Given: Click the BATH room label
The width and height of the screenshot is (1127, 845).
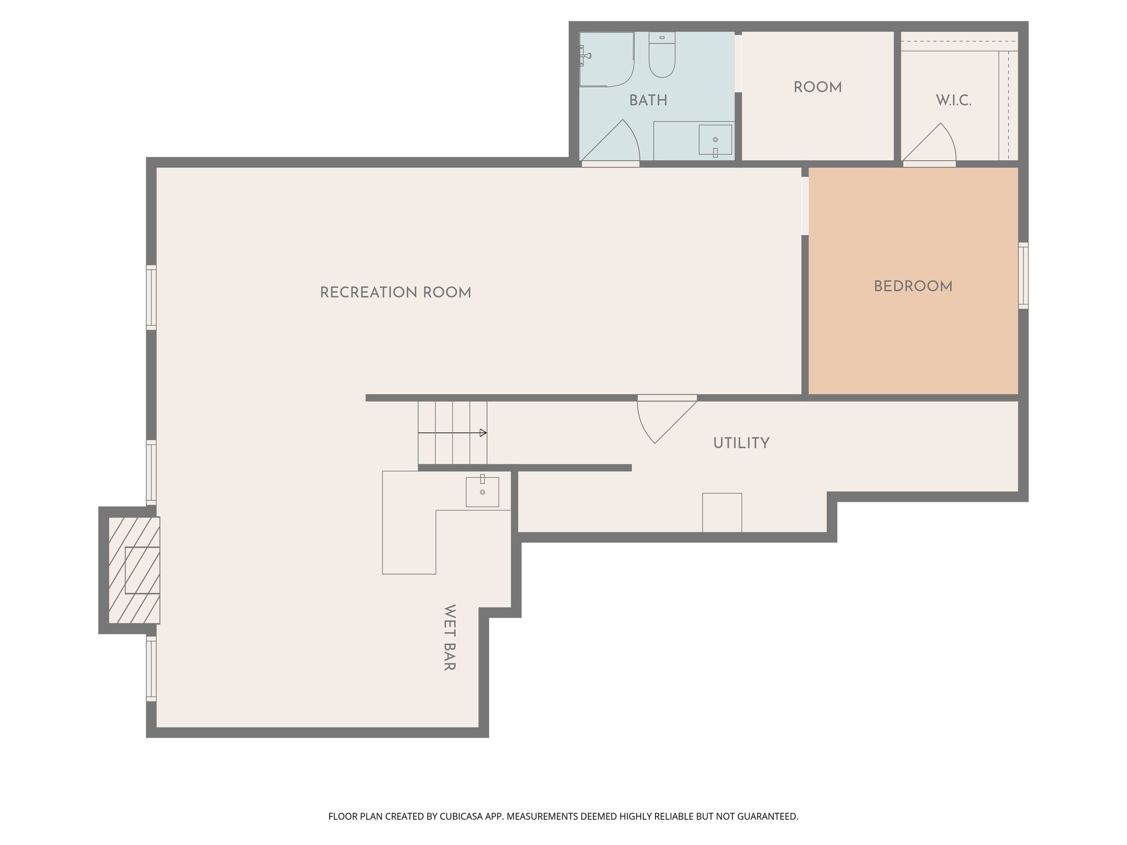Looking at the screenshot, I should (x=648, y=101).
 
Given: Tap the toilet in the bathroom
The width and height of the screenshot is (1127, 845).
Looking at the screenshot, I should (x=661, y=56).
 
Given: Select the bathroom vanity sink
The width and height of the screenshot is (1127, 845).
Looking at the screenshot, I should (x=715, y=140).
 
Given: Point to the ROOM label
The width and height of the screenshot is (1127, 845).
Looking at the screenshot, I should (x=817, y=87).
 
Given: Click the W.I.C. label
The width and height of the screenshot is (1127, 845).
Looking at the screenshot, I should (x=953, y=101).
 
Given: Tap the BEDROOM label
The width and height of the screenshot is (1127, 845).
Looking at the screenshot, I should (x=913, y=287).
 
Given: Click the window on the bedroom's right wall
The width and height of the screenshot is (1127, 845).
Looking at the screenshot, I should (x=1023, y=275).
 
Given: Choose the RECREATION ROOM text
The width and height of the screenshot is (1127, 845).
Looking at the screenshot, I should (x=395, y=293).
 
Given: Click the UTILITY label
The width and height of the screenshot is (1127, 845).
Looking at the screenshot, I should (x=741, y=443).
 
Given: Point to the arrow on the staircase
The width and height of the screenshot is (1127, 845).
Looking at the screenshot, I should (x=483, y=433).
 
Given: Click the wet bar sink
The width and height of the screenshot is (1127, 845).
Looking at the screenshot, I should (x=482, y=491).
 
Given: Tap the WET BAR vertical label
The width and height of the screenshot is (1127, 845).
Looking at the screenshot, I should (x=449, y=638).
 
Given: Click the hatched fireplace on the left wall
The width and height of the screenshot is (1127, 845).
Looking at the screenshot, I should (x=134, y=570).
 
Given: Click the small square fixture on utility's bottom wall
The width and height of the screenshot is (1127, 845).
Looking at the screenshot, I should (x=721, y=512).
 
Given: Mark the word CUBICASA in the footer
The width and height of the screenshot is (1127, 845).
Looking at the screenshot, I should (x=462, y=816).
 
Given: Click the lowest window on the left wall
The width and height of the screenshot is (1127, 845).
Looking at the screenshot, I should (x=151, y=668).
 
